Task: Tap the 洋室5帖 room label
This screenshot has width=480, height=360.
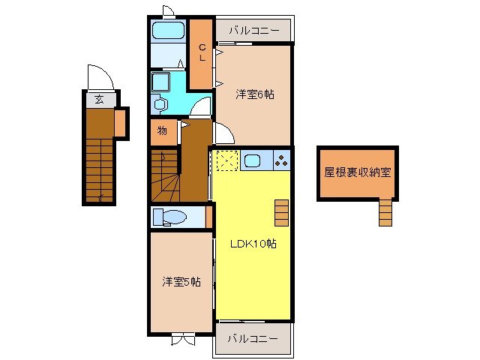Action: (x=181, y=282)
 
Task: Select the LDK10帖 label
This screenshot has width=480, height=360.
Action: (x=251, y=244)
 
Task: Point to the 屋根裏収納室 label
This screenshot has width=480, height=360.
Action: (x=357, y=172)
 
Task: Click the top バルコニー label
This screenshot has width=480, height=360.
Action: (x=253, y=31)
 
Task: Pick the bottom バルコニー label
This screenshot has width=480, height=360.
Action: (x=253, y=338)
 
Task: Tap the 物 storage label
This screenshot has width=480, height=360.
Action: (x=162, y=131)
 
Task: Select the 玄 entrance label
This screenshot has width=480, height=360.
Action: (x=98, y=99)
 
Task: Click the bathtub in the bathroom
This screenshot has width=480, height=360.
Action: (x=168, y=31)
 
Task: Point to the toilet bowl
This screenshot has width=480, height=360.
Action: (x=173, y=217)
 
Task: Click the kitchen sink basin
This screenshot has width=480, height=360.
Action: (x=253, y=160)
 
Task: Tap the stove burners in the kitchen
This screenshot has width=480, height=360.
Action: (x=281, y=160)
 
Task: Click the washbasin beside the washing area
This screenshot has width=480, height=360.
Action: (x=160, y=103)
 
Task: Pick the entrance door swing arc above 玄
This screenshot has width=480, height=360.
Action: (x=99, y=77)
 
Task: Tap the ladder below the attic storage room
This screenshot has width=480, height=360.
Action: (x=385, y=212)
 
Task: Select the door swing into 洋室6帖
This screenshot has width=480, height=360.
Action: (x=223, y=133)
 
